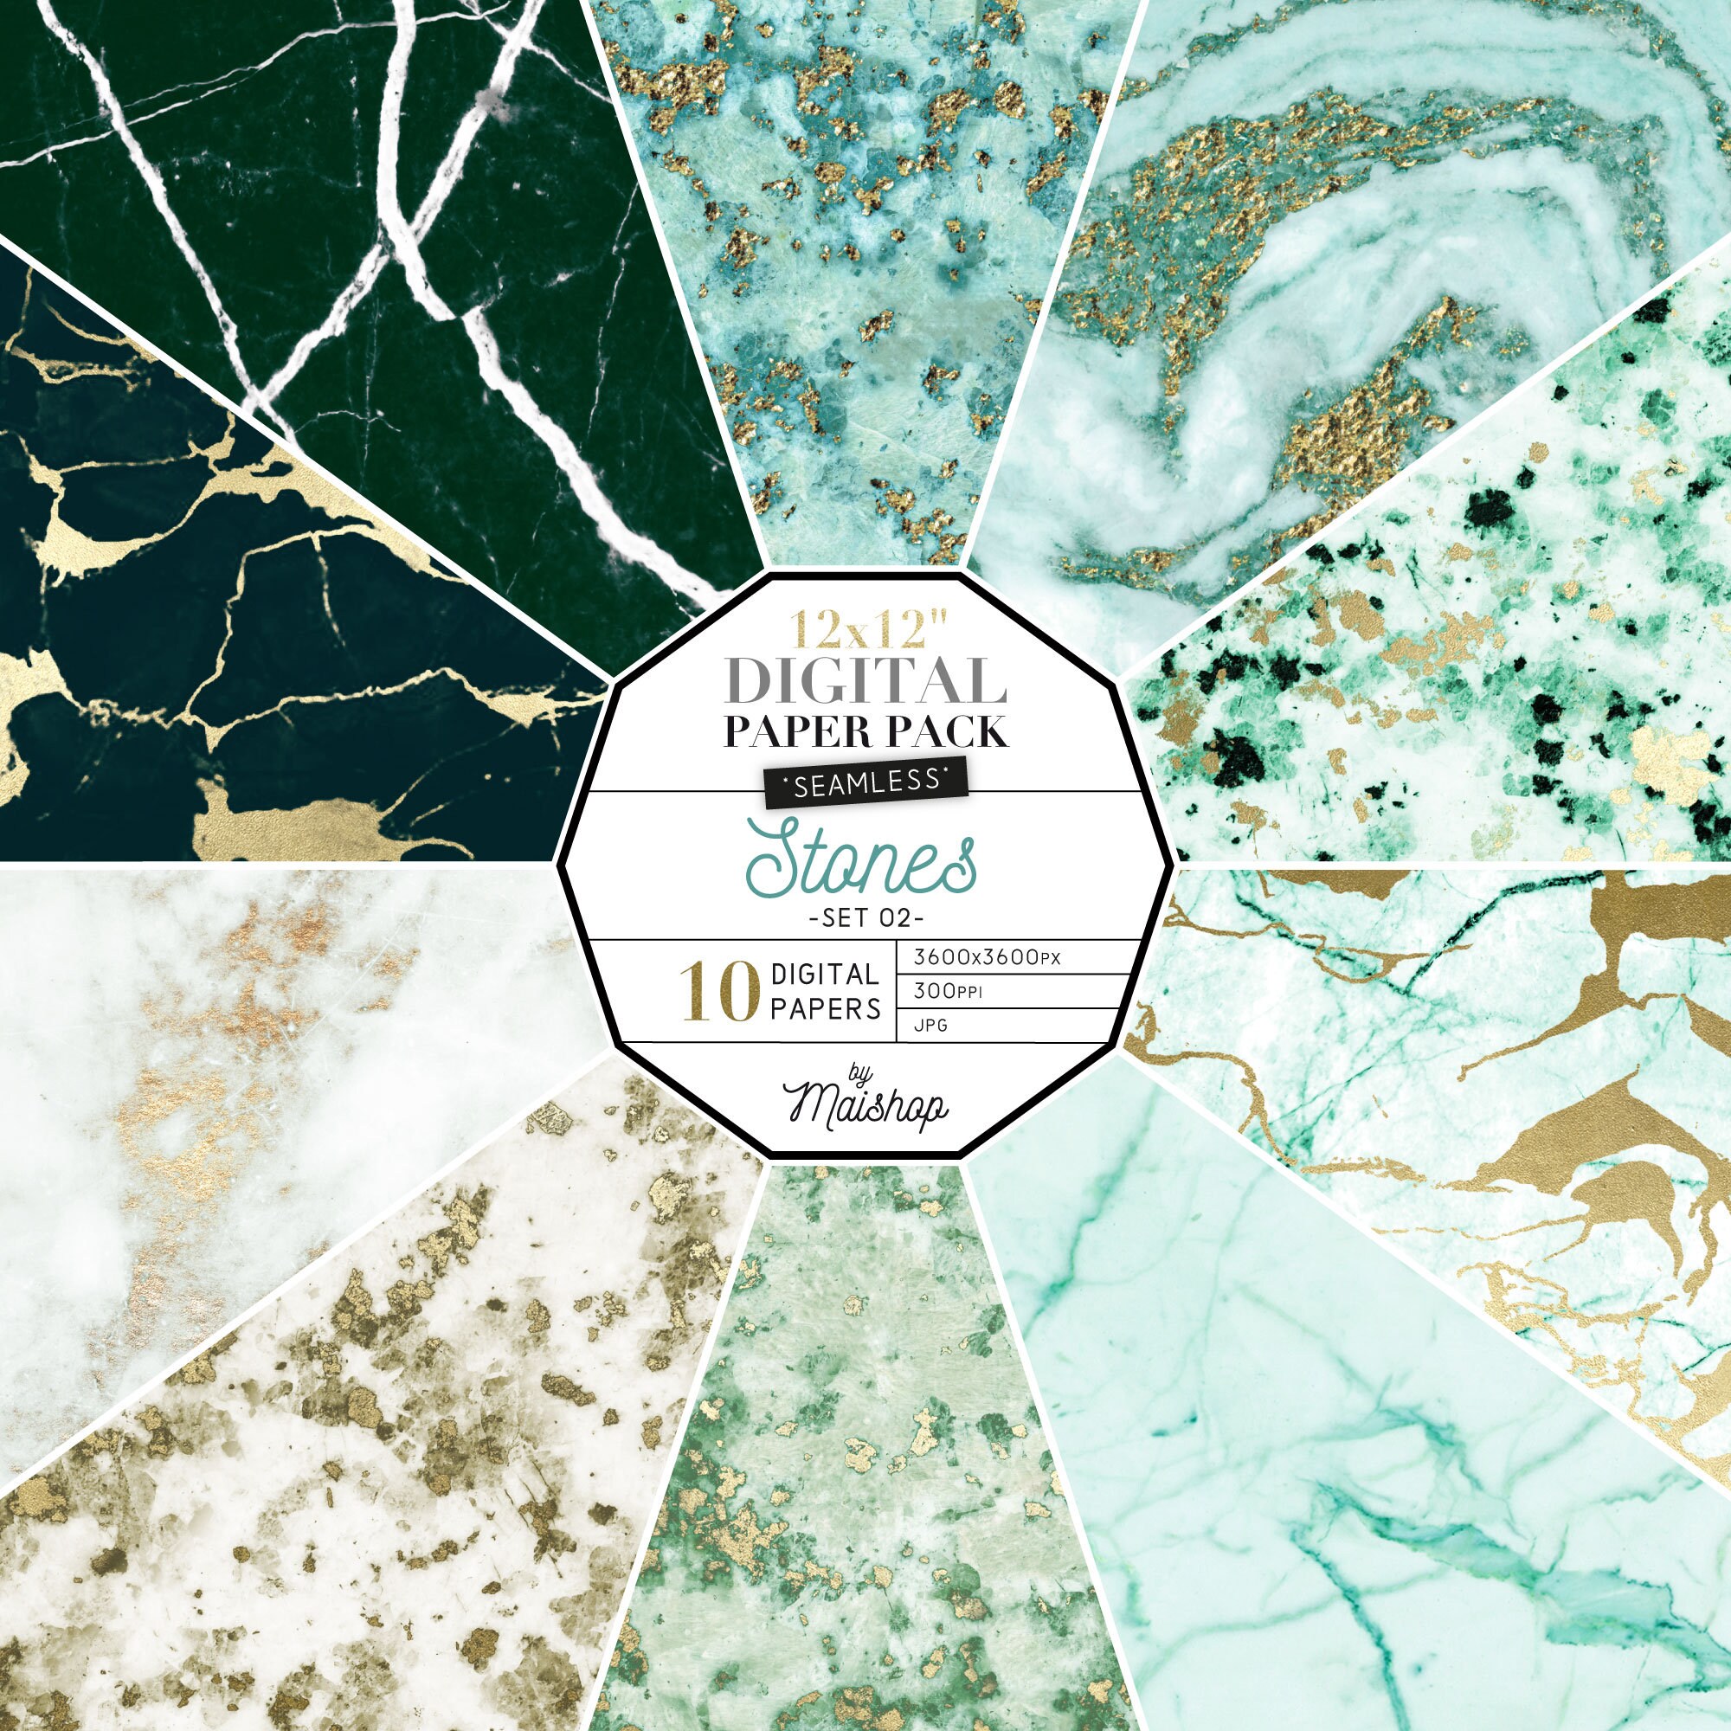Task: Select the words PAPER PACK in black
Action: click(865, 732)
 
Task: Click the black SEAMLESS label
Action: click(865, 782)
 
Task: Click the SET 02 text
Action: click(865, 918)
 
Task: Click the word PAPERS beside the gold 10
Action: click(825, 1010)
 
